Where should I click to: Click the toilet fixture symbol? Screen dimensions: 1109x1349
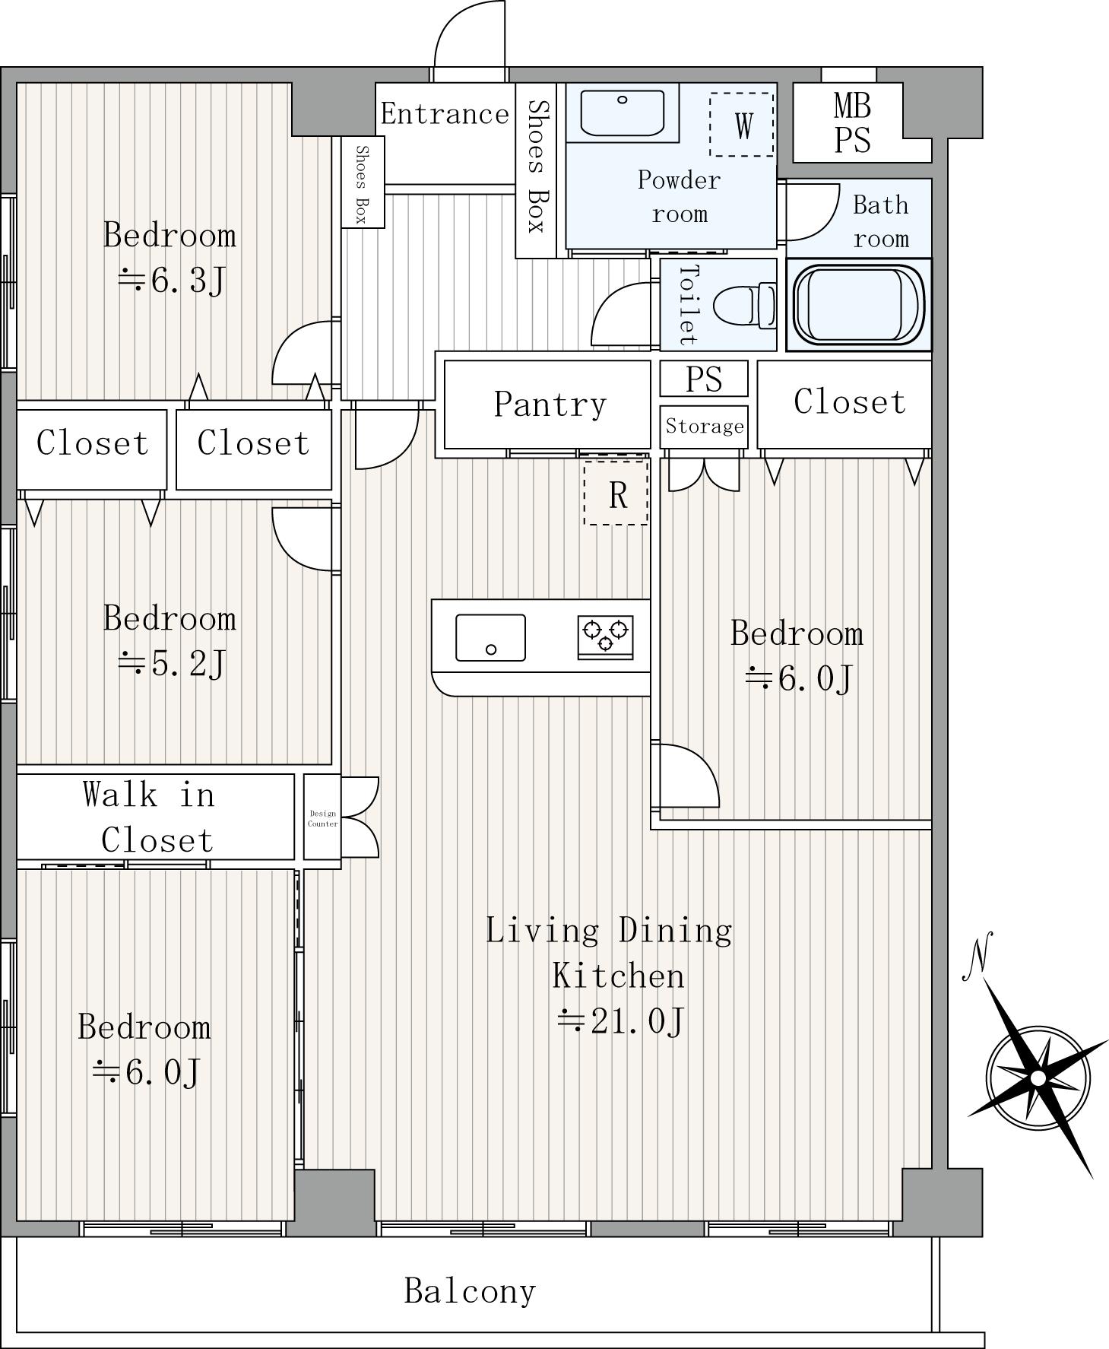pyautogui.click(x=745, y=305)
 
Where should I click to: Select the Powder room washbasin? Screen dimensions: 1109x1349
pyautogui.click(x=623, y=113)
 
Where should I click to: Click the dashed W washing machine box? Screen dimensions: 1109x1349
pyautogui.click(x=742, y=125)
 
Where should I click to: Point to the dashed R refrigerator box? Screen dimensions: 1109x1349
pyautogui.click(x=616, y=493)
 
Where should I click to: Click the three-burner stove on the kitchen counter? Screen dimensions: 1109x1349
pyautogui.click(x=606, y=637)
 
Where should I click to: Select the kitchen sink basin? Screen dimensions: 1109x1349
pyautogui.click(x=490, y=637)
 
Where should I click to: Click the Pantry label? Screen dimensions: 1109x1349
pyautogui.click(x=550, y=404)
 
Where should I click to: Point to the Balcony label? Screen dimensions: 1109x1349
pyautogui.click(x=470, y=1290)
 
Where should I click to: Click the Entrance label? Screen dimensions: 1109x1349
pyautogui.click(x=445, y=114)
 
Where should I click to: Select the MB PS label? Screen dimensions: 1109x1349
pyautogui.click(x=852, y=122)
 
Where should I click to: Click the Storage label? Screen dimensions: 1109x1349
pyautogui.click(x=705, y=426)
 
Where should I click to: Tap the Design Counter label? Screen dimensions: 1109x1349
pyautogui.click(x=322, y=818)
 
